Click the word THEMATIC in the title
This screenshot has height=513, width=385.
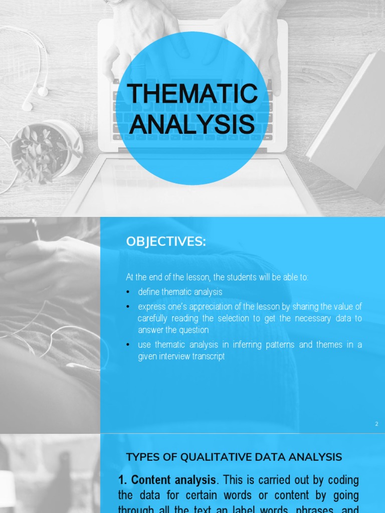pyautogui.click(x=192, y=94)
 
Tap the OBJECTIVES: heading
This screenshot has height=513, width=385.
pyautogui.click(x=166, y=241)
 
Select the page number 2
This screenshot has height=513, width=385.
pyautogui.click(x=376, y=424)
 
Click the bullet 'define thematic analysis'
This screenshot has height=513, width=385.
pyautogui.click(x=180, y=292)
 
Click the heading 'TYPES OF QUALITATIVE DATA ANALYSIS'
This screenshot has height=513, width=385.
pyautogui.click(x=234, y=457)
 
